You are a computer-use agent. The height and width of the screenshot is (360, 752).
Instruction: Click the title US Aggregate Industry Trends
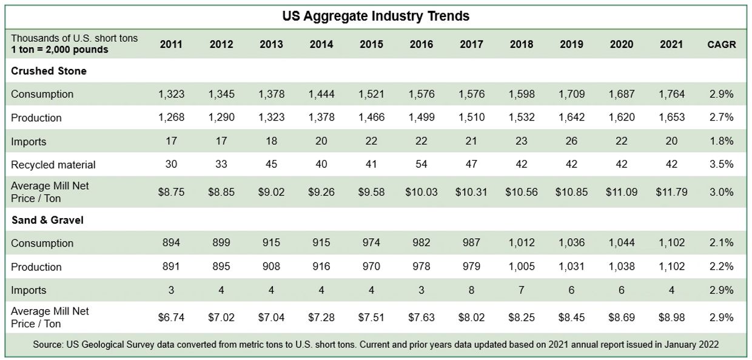coord(375,16)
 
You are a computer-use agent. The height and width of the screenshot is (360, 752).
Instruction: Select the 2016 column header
coord(421,44)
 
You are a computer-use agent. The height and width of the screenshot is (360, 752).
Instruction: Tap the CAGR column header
coord(721,44)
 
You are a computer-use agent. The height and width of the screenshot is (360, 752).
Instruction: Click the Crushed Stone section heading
coord(49,71)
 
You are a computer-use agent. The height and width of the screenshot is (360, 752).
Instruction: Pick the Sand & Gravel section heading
coord(47,220)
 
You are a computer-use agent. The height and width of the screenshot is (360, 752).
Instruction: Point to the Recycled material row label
coord(53,164)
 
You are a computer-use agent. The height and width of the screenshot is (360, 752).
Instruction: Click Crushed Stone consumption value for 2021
coord(671,94)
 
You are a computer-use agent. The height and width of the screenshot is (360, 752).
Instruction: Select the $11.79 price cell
coord(671,192)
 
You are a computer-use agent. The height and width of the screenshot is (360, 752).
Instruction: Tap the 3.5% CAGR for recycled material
coord(721,164)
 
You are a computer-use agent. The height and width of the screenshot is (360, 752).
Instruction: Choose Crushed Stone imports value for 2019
coord(571,141)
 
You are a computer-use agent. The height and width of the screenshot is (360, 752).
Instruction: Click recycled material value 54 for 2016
coord(421,164)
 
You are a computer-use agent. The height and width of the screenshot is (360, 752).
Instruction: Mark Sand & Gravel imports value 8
coord(471,290)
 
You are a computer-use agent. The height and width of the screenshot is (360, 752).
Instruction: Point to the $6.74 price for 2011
coord(171,317)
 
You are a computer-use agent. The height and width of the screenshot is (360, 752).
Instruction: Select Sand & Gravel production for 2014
coord(321,267)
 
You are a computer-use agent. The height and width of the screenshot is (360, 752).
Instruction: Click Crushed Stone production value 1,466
coord(371,118)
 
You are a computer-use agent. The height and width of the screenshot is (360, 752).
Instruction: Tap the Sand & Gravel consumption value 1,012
coord(521,243)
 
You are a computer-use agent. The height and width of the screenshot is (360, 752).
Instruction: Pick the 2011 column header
coord(171,44)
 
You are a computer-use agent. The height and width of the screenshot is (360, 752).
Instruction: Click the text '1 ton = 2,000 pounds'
coord(59,50)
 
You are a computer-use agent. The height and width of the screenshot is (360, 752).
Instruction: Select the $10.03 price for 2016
coord(421,192)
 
